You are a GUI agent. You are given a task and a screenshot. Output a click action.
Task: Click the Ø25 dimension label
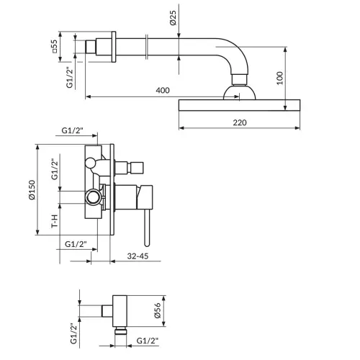pyautogui.click(x=174, y=18)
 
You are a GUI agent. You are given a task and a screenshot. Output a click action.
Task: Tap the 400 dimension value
pyautogui.click(x=163, y=91)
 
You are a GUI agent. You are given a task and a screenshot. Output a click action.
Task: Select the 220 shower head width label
pyautogui.click(x=240, y=122)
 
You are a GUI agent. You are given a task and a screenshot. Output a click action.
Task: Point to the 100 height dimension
pyautogui.click(x=280, y=78)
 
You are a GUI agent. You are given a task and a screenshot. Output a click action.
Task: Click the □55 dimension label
pyautogui.click(x=55, y=46)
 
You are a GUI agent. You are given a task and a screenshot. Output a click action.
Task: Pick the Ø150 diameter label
pyautogui.click(x=32, y=190)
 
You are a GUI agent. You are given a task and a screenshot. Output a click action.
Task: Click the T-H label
pyautogui.click(x=55, y=221)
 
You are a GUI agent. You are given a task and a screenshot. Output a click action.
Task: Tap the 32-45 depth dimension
pyautogui.click(x=138, y=256)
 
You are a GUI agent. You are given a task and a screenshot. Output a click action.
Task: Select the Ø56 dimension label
pyautogui.click(x=158, y=310)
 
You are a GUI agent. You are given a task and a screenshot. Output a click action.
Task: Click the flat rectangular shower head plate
pyautogui.click(x=239, y=105)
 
